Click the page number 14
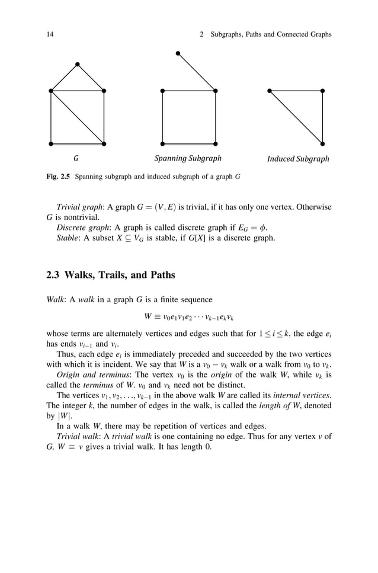coord(50,34)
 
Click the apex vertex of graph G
coord(77,64)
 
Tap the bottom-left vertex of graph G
coord(51,143)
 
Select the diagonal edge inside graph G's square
coord(77,117)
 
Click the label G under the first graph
coord(76,159)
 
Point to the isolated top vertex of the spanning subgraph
coord(177,53)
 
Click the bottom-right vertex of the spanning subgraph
coord(215,143)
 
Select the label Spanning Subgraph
coord(188,159)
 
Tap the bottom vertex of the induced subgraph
coord(322,143)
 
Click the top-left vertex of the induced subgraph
coord(270,91)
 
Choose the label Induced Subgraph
coord(298,159)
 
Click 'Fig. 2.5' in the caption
coord(57,177)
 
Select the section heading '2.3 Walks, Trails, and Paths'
coord(111,275)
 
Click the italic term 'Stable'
coord(68,238)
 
